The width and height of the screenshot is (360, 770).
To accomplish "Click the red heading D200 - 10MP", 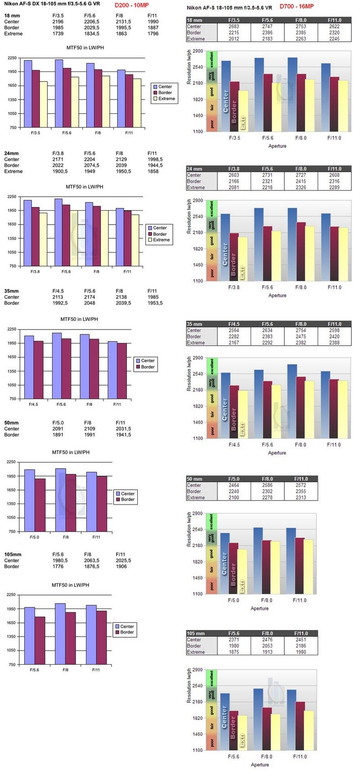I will [131, 5].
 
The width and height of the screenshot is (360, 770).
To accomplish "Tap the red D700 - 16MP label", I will [297, 6].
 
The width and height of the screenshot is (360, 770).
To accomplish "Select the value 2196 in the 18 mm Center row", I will [58, 22].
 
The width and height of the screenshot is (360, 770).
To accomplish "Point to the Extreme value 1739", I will [58, 34].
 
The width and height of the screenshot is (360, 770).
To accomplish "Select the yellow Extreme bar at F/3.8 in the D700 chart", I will [243, 259].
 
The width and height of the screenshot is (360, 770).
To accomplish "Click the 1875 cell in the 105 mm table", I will [234, 652].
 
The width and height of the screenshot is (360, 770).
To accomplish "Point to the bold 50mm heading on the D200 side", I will [12, 423].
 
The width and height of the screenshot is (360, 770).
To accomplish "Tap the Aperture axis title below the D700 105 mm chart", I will [260, 764].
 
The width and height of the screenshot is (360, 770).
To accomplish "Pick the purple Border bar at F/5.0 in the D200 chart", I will [40, 505].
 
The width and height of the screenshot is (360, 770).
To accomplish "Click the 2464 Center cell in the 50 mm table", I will [234, 485].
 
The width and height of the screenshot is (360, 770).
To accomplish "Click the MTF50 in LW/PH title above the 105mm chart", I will [70, 585].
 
